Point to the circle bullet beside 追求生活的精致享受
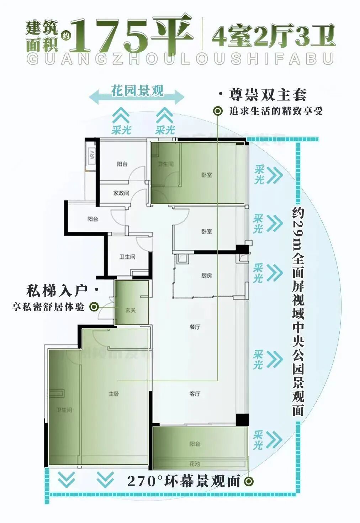[218, 111]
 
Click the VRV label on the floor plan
[92, 156]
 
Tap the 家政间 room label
[121, 193]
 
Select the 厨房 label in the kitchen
[206, 276]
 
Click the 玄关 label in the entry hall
[131, 310]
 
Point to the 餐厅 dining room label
[195, 327]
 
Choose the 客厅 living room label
[195, 394]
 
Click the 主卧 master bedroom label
[114, 394]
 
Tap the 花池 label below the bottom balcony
[195, 464]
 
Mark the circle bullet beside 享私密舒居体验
[94, 307]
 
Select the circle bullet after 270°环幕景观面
[249, 482]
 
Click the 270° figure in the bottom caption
[142, 482]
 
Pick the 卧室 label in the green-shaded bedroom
[207, 175]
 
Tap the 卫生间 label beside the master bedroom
[64, 410]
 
